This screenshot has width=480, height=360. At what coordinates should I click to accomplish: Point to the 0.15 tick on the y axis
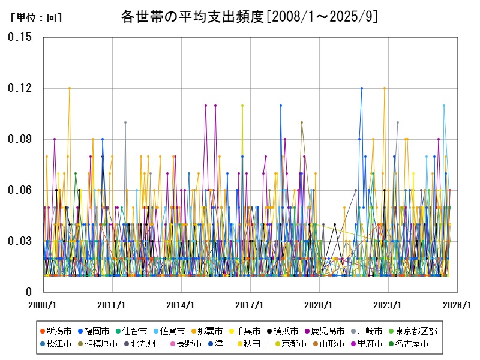(x=20, y=37)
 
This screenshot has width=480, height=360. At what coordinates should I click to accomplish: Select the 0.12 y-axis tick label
(x=20, y=88)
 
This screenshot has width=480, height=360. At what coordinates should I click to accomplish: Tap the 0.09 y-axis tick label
(x=20, y=139)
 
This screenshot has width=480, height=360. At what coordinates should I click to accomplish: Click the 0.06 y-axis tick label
(x=20, y=190)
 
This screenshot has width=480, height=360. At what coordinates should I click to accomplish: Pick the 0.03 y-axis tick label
(x=20, y=241)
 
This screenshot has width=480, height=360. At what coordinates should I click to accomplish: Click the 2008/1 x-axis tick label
(x=43, y=305)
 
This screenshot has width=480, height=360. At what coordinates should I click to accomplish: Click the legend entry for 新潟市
(x=56, y=331)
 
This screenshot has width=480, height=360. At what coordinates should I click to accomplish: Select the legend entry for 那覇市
(x=207, y=331)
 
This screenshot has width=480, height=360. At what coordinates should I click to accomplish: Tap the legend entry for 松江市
(x=56, y=344)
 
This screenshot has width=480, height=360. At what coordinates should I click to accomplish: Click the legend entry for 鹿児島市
(x=325, y=331)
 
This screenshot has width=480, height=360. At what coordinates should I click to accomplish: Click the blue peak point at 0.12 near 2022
(x=361, y=88)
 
